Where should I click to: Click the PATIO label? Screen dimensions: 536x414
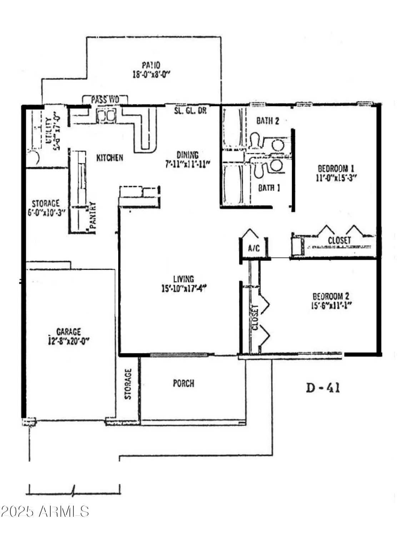[x=151, y=65]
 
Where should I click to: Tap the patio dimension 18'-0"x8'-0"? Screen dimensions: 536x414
[x=151, y=75]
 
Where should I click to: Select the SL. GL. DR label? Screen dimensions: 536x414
[x=190, y=111]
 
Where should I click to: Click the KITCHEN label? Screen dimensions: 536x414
[x=110, y=158]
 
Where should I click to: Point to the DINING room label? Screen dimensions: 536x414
[x=188, y=155]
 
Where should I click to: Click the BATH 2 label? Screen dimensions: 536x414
[x=268, y=121]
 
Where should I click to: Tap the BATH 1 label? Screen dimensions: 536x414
[x=269, y=188]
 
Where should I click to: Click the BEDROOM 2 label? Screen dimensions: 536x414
[x=331, y=296]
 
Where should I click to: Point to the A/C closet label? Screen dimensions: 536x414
[x=254, y=248]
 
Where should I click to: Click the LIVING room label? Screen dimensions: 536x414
[x=184, y=279]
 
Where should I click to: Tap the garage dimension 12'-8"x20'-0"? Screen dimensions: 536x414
[x=68, y=341]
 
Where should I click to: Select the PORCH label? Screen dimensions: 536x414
[x=184, y=383]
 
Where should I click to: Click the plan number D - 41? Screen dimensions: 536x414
[x=323, y=388]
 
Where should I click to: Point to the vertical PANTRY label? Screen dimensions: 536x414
[x=93, y=215]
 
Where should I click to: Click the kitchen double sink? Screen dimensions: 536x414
[x=106, y=116]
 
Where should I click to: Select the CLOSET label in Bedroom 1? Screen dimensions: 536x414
[x=339, y=240]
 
